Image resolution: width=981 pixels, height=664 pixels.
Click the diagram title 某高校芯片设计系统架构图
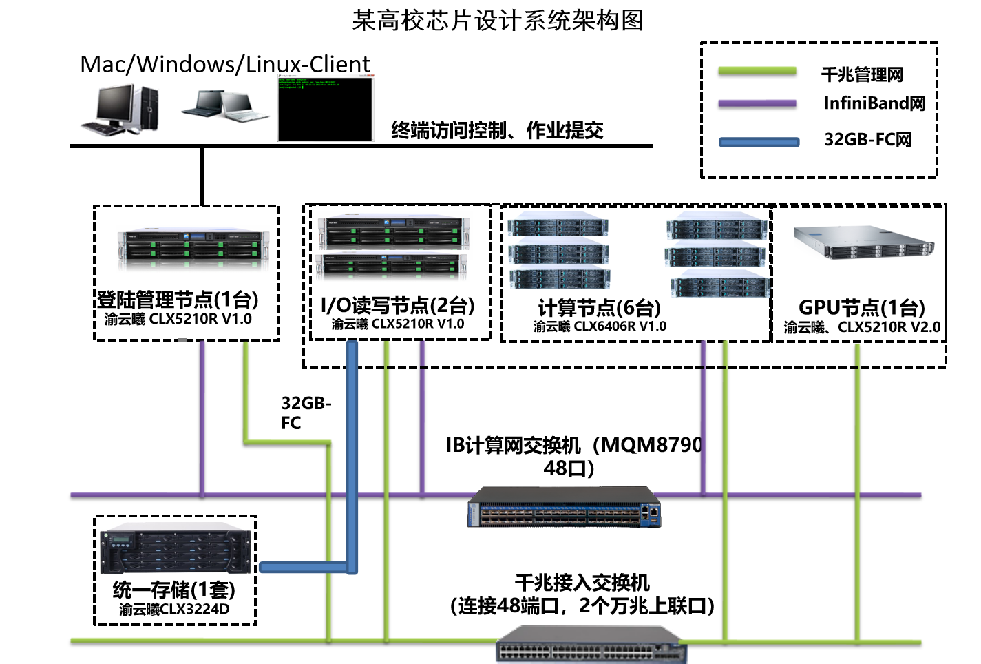[x=497, y=20]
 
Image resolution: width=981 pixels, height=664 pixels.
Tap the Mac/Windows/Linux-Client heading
[x=225, y=64]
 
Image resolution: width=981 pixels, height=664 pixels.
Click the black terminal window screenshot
[x=326, y=109]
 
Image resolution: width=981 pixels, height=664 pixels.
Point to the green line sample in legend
[x=757, y=72]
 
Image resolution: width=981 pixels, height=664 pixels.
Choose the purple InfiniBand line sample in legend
[x=757, y=104]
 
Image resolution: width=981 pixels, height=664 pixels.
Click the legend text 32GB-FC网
[x=867, y=140]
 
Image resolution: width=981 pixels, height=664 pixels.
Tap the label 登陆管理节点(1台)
[x=178, y=300]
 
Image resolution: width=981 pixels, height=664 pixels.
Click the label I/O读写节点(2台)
[x=397, y=304]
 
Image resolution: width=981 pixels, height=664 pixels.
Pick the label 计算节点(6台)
[x=599, y=307]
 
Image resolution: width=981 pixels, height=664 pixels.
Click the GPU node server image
[x=864, y=242]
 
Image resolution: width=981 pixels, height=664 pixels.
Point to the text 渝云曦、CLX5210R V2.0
[x=862, y=327]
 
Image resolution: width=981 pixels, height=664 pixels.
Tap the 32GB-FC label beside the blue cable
[x=306, y=413]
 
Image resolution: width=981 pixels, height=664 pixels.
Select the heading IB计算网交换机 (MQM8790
[x=573, y=445]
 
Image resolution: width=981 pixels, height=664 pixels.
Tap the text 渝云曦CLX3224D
[x=174, y=609]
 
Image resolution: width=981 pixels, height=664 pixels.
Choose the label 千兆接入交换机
[x=582, y=583]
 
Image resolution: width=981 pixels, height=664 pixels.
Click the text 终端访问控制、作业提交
[x=497, y=130]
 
